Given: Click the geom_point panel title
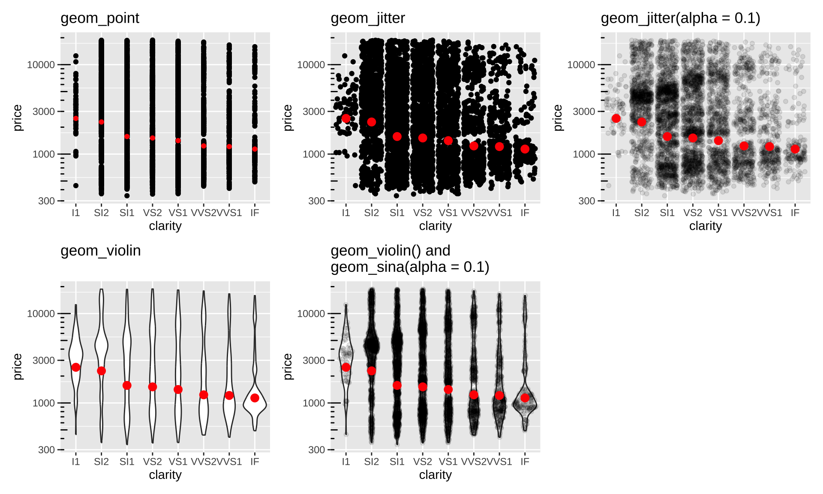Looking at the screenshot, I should point(99,18).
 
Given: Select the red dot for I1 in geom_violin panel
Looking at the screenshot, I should point(76,367).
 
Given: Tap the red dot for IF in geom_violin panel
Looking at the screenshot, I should point(255,398).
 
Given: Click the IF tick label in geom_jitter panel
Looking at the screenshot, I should point(525,213).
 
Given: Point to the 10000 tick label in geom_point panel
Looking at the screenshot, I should point(41,65).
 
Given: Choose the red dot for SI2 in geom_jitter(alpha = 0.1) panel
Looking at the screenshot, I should point(642,122).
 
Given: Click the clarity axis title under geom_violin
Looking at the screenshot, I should point(165,475).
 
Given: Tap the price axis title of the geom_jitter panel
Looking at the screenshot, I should point(288,117).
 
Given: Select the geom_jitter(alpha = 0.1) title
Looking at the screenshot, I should point(680,18).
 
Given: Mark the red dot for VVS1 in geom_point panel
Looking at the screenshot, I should point(229,146).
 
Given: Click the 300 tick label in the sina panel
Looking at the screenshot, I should point(316,450).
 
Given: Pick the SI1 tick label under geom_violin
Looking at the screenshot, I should point(127,462).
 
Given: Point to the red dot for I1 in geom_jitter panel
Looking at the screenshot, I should point(346,118).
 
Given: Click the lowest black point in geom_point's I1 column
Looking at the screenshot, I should point(76,186).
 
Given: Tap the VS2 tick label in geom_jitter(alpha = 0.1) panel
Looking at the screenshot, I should point(693,213).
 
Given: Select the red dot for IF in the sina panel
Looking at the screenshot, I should point(525,398).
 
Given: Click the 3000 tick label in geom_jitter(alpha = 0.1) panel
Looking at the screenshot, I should point(584,111).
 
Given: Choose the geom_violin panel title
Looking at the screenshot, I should point(100,251).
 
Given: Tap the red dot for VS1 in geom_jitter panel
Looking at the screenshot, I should point(448,141).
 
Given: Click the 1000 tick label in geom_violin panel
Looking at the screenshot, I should point(44,403).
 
